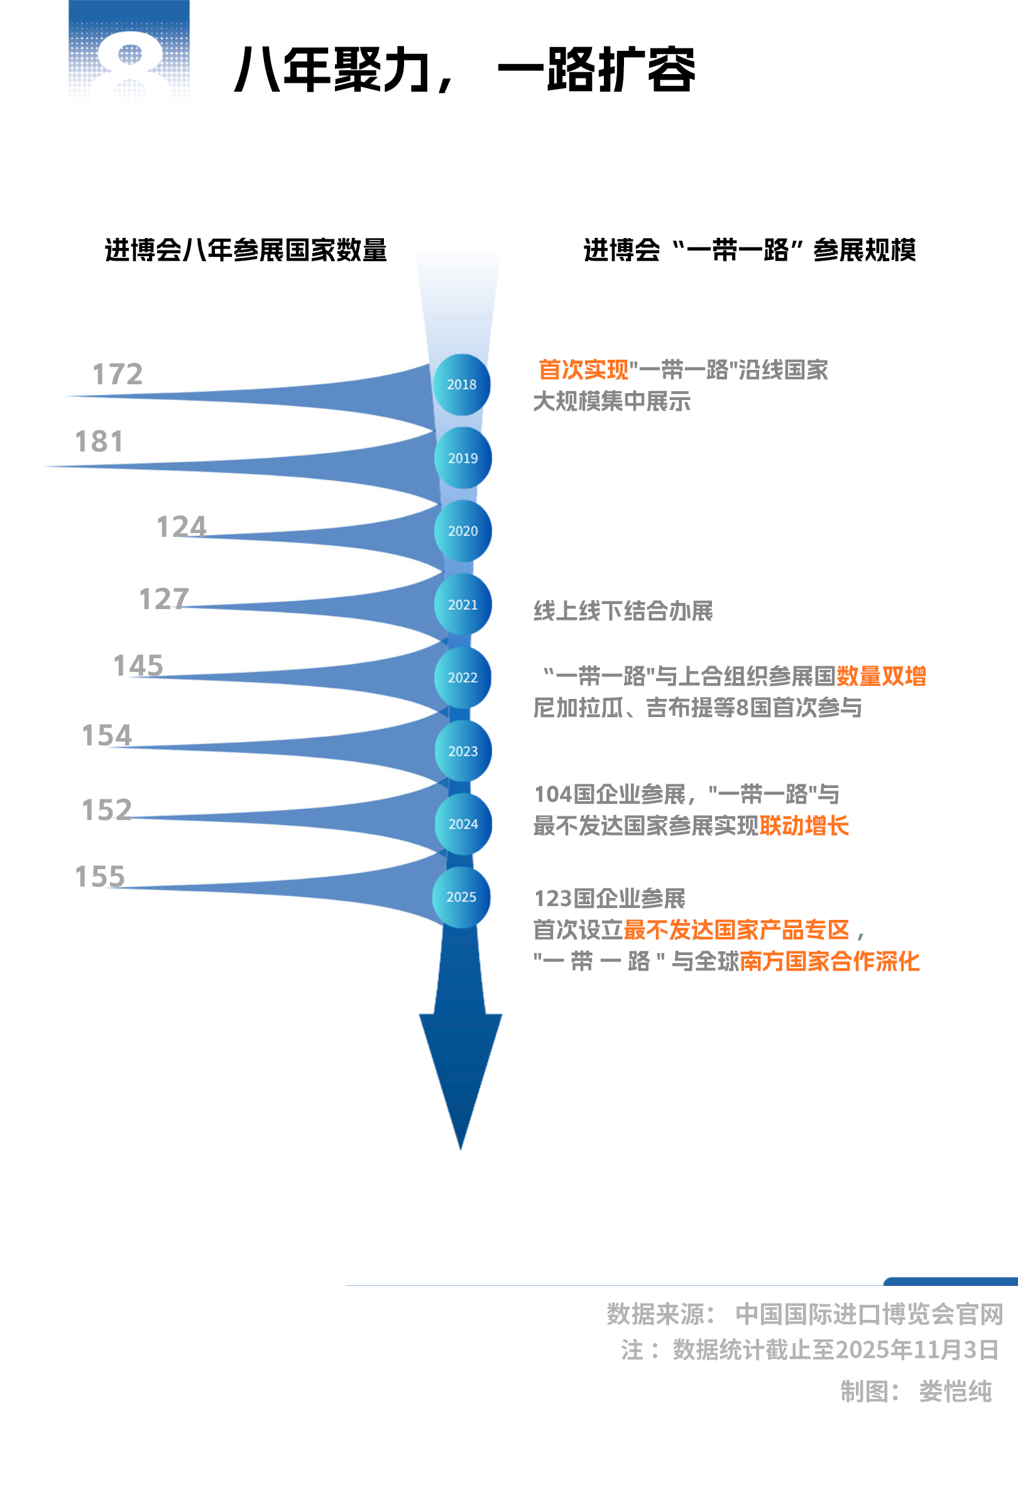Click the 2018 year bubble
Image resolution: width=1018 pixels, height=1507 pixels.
click(x=461, y=384)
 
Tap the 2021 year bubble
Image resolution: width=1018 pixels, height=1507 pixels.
click(x=462, y=604)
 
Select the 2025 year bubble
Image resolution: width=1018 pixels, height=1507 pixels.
click(x=461, y=897)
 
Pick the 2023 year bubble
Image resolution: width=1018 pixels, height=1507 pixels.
click(x=462, y=751)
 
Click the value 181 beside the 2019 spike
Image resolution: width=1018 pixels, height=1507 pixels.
click(x=99, y=441)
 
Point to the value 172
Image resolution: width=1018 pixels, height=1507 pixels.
click(x=118, y=374)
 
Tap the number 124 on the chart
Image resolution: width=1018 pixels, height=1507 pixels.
click(x=181, y=527)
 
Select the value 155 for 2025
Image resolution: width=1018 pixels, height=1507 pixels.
click(x=99, y=877)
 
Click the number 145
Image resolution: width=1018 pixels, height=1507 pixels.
click(x=138, y=666)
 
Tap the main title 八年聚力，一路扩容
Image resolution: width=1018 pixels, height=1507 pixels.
click(x=464, y=69)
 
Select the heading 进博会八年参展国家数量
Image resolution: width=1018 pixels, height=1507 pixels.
click(x=245, y=251)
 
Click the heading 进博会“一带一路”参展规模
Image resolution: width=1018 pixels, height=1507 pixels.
click(x=750, y=251)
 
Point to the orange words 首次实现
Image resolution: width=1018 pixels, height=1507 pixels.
click(x=583, y=370)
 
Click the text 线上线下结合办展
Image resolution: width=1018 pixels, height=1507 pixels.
click(x=623, y=611)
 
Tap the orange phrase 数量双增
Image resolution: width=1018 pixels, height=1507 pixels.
click(x=880, y=676)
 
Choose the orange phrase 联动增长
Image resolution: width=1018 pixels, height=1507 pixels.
click(x=804, y=826)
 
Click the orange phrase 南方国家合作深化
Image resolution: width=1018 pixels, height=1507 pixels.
click(x=829, y=961)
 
